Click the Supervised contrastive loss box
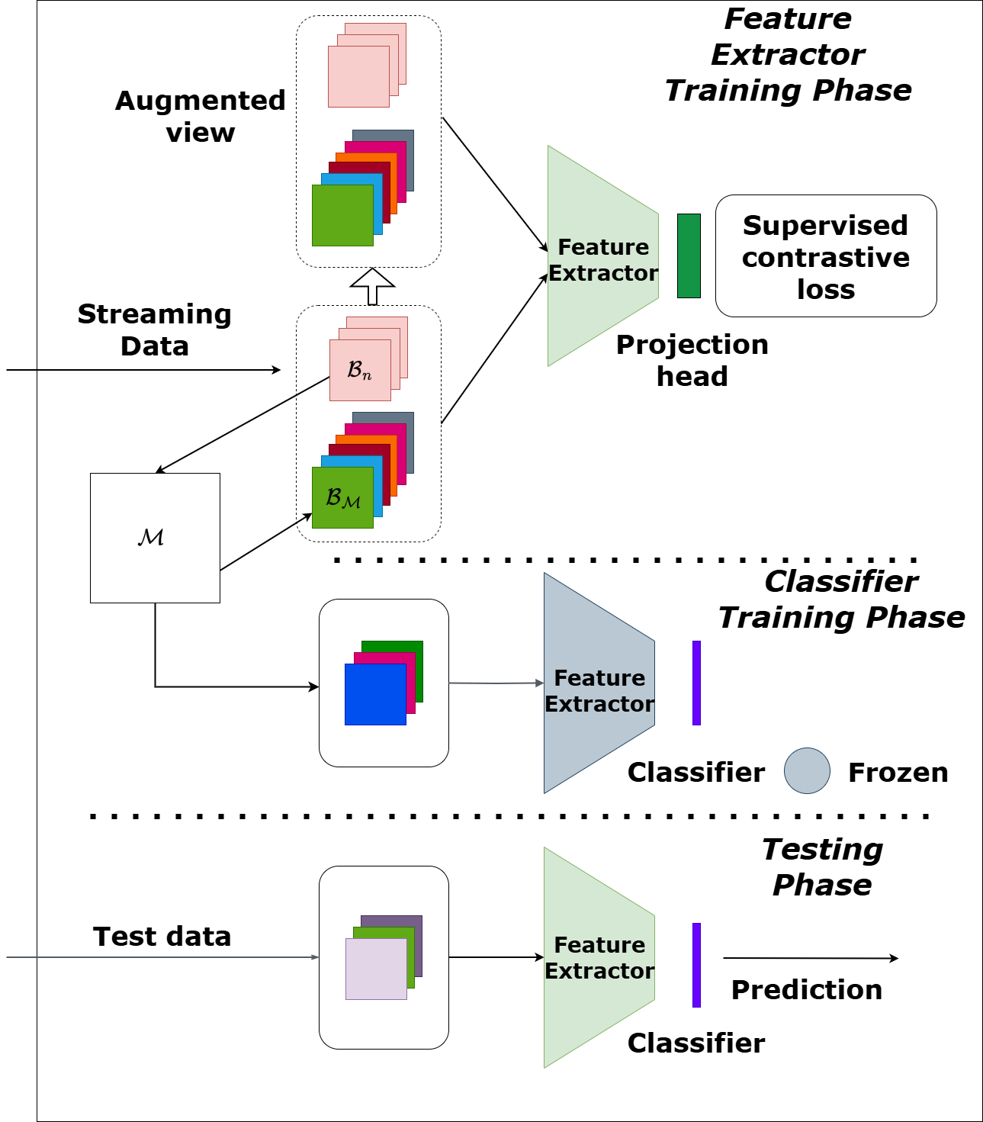click(x=825, y=256)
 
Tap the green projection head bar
click(x=689, y=256)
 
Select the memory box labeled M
click(x=155, y=538)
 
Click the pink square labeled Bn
click(x=360, y=371)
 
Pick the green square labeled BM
click(x=342, y=498)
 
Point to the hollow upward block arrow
click(x=372, y=287)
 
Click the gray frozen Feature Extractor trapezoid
click(x=599, y=683)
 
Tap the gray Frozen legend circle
click(x=807, y=770)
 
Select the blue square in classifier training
click(x=375, y=694)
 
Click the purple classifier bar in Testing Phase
click(x=696, y=965)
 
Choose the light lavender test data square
click(x=376, y=969)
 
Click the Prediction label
click(x=807, y=990)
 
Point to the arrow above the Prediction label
click(x=810, y=958)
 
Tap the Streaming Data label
click(x=155, y=330)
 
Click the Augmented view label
click(x=201, y=116)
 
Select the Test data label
click(x=162, y=937)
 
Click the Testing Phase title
click(x=822, y=867)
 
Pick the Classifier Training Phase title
click(x=841, y=600)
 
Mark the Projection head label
click(x=692, y=360)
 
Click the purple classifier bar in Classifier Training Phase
click(x=696, y=683)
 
